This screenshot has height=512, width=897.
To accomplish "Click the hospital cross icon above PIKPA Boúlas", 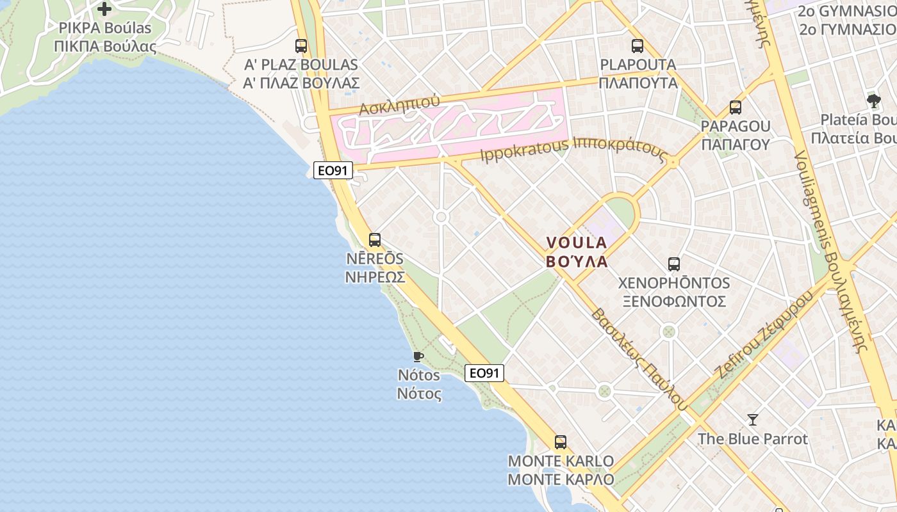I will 104,9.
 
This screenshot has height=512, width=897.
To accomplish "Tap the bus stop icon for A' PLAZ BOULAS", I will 301,46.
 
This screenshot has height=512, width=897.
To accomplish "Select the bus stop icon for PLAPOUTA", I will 638,46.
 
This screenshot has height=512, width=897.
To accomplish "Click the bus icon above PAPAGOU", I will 736,108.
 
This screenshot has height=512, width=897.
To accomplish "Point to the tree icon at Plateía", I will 873,100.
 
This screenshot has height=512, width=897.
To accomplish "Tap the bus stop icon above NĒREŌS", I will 375,240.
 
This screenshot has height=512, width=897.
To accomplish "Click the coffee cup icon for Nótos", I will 418,356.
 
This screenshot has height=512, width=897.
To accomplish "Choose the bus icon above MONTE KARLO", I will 561,442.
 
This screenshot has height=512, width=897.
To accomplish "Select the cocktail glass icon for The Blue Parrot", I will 753,420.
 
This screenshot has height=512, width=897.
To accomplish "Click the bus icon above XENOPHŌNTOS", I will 674,264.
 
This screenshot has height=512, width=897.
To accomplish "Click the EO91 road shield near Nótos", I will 484,373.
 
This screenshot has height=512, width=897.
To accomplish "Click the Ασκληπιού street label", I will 399,106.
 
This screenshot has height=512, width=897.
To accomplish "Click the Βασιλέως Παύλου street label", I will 639,359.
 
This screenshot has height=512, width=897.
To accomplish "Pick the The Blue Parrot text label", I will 753,439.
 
